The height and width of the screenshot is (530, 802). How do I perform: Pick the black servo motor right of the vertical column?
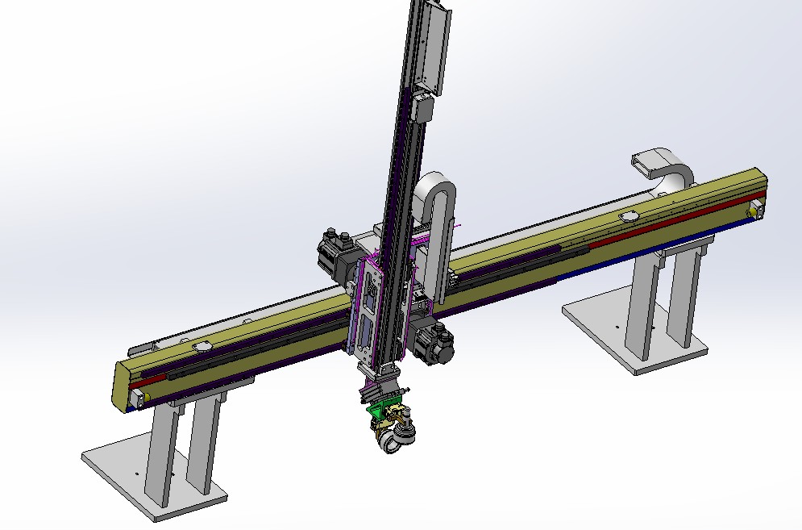tap(435, 344)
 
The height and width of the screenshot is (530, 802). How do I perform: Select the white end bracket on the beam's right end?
tap(756, 209)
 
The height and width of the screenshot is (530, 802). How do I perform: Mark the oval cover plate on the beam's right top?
tap(628, 216)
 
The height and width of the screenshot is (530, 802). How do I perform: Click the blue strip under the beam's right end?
tap(685, 240)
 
